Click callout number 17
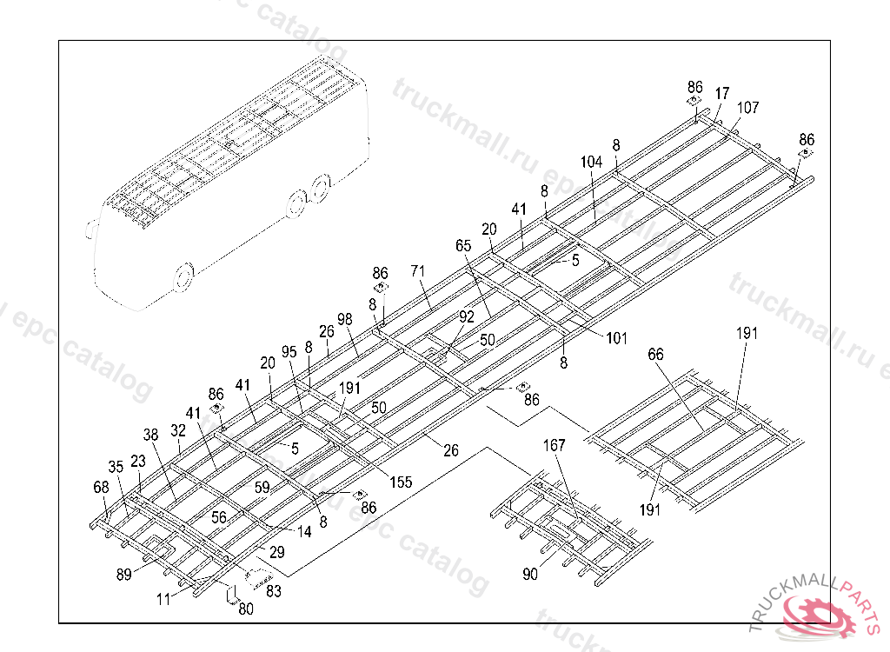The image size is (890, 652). (x=722, y=94)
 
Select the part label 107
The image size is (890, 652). (x=747, y=108)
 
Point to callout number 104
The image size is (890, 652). (x=591, y=162)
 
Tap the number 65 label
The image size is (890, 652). (x=463, y=246)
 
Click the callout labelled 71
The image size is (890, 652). (x=418, y=271)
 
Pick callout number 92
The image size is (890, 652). (x=467, y=316)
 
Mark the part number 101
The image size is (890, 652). (x=616, y=338)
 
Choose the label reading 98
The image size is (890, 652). (x=345, y=320)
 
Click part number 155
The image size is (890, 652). (x=401, y=482)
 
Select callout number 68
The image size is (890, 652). (x=102, y=487)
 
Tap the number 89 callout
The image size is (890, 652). (x=124, y=574)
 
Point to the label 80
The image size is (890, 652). (x=246, y=609)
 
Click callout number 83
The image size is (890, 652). (x=273, y=591)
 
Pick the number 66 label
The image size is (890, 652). (x=655, y=355)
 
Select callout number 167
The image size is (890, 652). (x=554, y=446)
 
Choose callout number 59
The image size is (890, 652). (x=262, y=489)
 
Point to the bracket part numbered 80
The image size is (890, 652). (x=231, y=595)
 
